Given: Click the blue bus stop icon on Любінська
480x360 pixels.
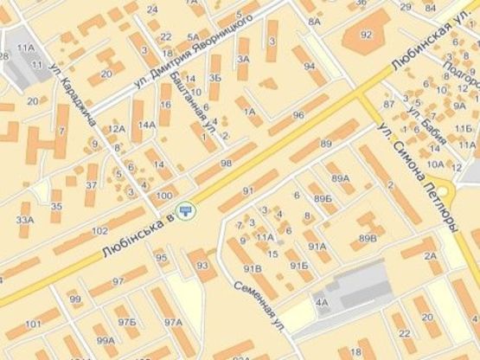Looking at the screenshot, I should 184,210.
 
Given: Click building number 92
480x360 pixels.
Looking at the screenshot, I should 366,35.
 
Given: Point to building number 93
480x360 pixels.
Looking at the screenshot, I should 201,265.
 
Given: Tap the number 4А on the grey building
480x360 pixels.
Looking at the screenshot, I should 322,303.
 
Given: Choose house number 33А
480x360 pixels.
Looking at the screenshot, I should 25,220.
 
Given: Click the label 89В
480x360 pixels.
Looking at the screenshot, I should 368,237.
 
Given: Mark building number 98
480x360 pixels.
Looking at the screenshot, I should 226,164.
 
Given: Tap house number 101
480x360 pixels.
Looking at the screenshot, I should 34,325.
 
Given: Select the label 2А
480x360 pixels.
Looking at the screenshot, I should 431,256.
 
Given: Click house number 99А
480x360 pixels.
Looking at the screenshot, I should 106,341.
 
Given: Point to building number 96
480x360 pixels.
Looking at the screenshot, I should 298,115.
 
